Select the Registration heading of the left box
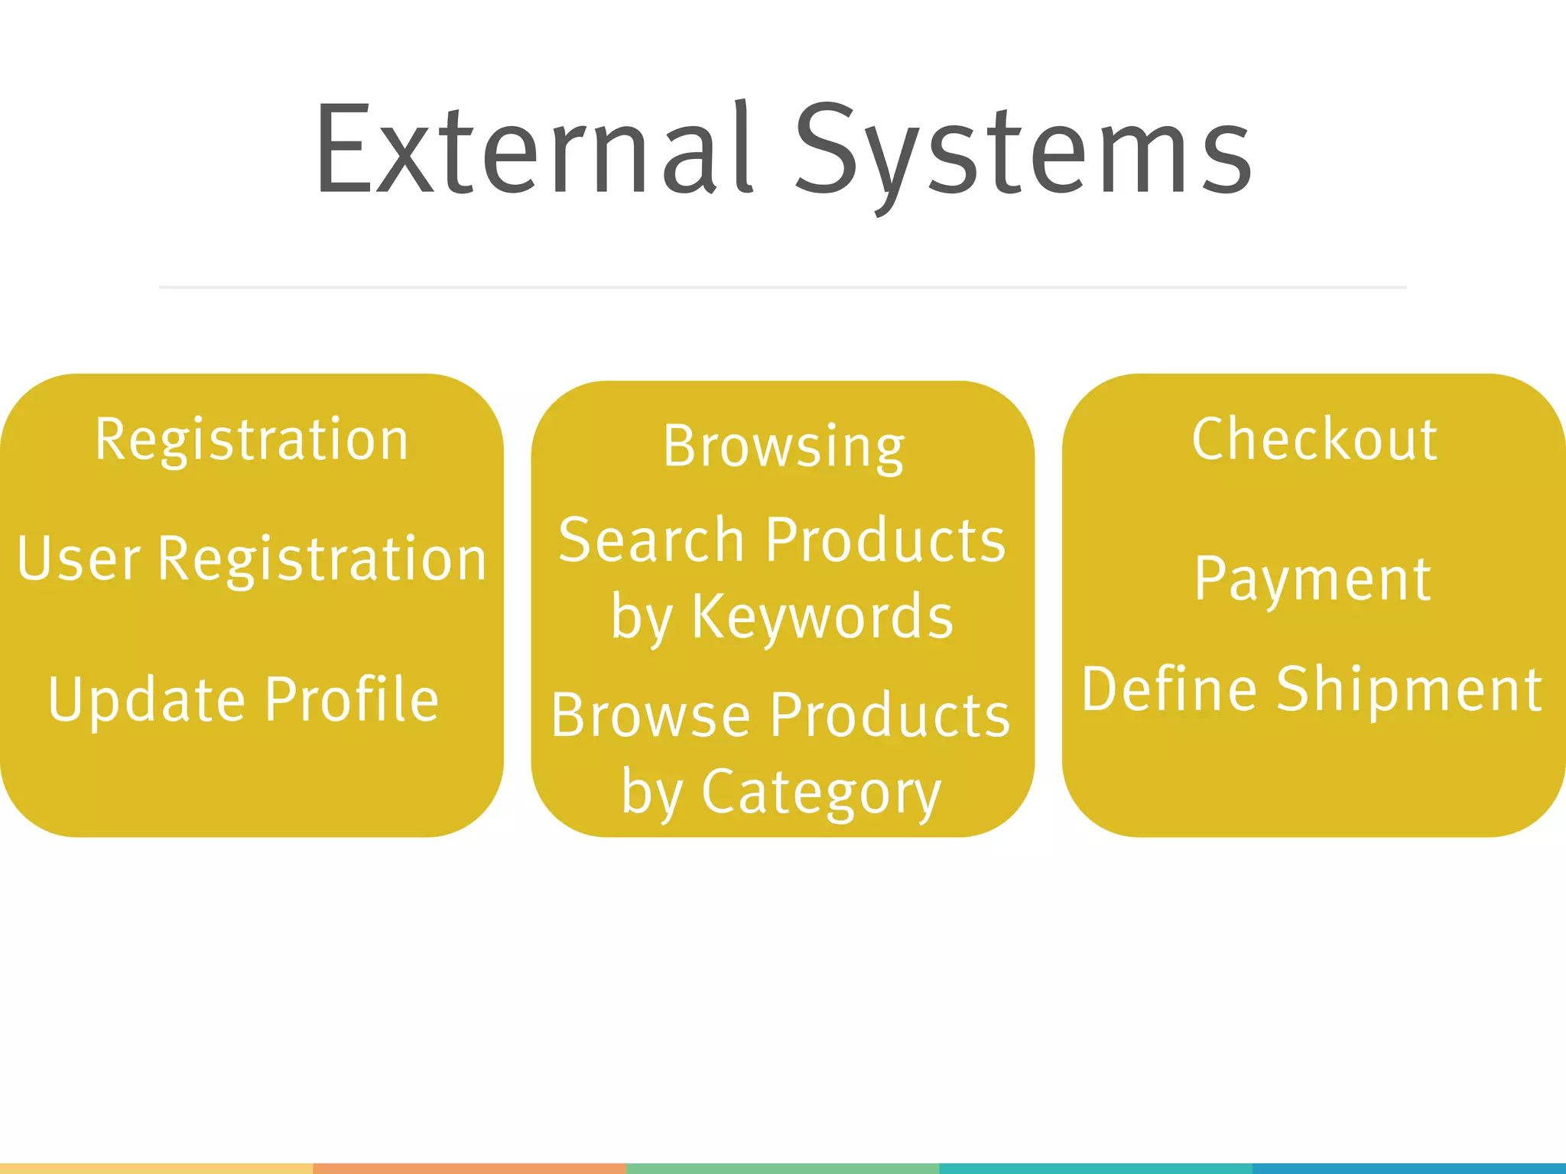(252, 440)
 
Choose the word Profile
(353, 699)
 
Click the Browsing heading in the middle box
(784, 446)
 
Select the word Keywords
(823, 617)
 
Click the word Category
(822, 793)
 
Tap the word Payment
(1313, 579)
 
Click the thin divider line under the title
(783, 287)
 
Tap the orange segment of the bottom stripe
(469, 1169)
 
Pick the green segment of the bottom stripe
(783, 1169)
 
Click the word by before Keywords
(642, 618)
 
